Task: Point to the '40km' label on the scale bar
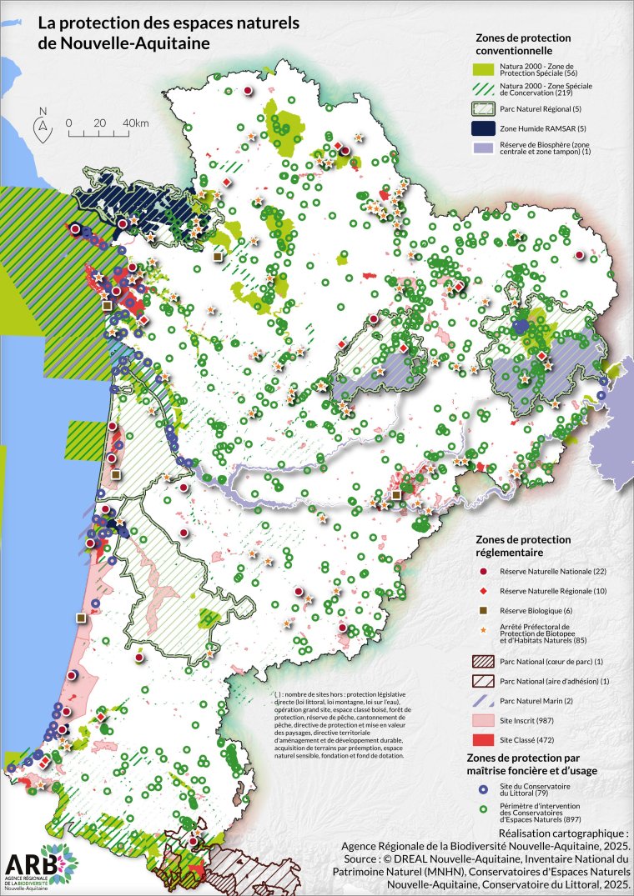(x=135, y=123)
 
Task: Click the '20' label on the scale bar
(x=100, y=123)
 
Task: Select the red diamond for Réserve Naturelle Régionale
(x=482, y=591)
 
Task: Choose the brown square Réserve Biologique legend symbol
(x=482, y=611)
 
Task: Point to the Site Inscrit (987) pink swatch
(x=481, y=719)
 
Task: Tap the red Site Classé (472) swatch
(x=481, y=739)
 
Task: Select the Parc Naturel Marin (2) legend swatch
(x=481, y=699)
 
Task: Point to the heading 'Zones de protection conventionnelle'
(x=523, y=43)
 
